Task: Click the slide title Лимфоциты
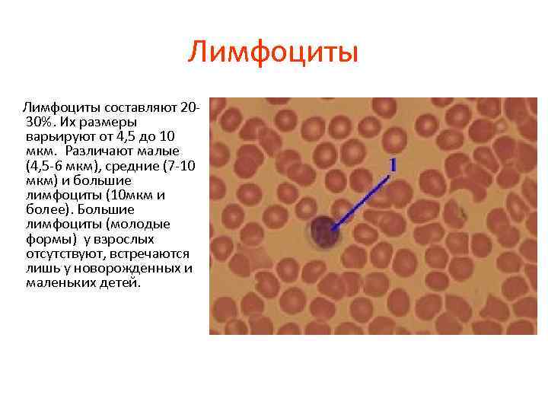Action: [x=273, y=53]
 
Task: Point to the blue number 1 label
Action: [x=393, y=164]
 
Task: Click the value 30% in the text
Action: [x=40, y=122]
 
